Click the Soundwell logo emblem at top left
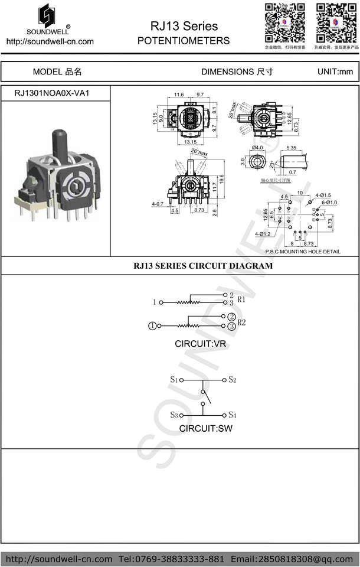pyautogui.click(x=50, y=14)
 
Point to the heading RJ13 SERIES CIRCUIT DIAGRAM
pyautogui.click(x=204, y=266)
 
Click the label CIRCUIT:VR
pyautogui.click(x=200, y=343)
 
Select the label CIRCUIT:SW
pyautogui.click(x=205, y=428)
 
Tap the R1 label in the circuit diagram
pyautogui.click(x=241, y=299)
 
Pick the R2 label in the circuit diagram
pyautogui.click(x=241, y=322)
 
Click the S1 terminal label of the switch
pyautogui.click(x=174, y=379)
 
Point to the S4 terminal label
pyautogui.click(x=233, y=415)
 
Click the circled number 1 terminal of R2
pyautogui.click(x=153, y=325)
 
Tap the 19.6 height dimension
pyautogui.click(x=221, y=179)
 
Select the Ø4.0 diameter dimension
pyautogui.click(x=257, y=147)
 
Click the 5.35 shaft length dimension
pyautogui.click(x=291, y=147)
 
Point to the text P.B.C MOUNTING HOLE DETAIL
pyautogui.click(x=303, y=252)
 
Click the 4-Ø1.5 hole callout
pyautogui.click(x=323, y=195)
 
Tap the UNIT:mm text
pyautogui.click(x=335, y=71)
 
